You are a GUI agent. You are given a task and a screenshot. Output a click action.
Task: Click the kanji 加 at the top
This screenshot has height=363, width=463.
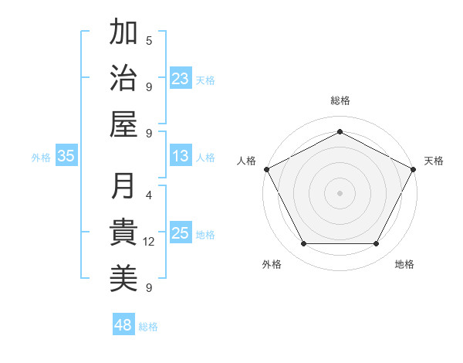pos(123,33)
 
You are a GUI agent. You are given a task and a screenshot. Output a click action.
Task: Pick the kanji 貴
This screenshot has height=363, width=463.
pos(123,232)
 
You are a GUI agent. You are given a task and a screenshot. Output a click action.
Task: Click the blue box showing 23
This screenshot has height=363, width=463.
pos(181,78)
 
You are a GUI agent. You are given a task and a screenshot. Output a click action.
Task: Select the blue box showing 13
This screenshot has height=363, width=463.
pos(181,156)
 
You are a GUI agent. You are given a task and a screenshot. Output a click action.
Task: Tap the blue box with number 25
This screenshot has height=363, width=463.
pos(181,234)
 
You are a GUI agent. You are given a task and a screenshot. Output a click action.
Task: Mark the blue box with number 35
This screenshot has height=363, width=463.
pos(66,156)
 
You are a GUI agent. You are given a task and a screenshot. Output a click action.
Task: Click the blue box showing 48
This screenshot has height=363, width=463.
pos(123,325)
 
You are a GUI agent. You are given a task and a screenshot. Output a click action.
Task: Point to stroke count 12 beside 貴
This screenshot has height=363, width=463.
pos(149,242)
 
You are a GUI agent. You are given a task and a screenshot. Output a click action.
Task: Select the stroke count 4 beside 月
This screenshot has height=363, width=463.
pos(149,195)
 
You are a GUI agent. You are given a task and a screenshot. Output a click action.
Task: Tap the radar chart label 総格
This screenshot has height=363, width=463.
pos(340,100)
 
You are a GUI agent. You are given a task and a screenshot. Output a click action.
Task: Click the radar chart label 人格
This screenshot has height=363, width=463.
pos(247,161)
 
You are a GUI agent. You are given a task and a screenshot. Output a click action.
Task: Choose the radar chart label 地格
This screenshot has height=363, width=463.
pos(404,264)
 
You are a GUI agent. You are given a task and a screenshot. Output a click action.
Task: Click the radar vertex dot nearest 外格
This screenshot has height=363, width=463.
pos(303,244)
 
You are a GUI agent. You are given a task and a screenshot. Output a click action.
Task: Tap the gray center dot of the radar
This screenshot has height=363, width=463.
pos(340,192)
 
